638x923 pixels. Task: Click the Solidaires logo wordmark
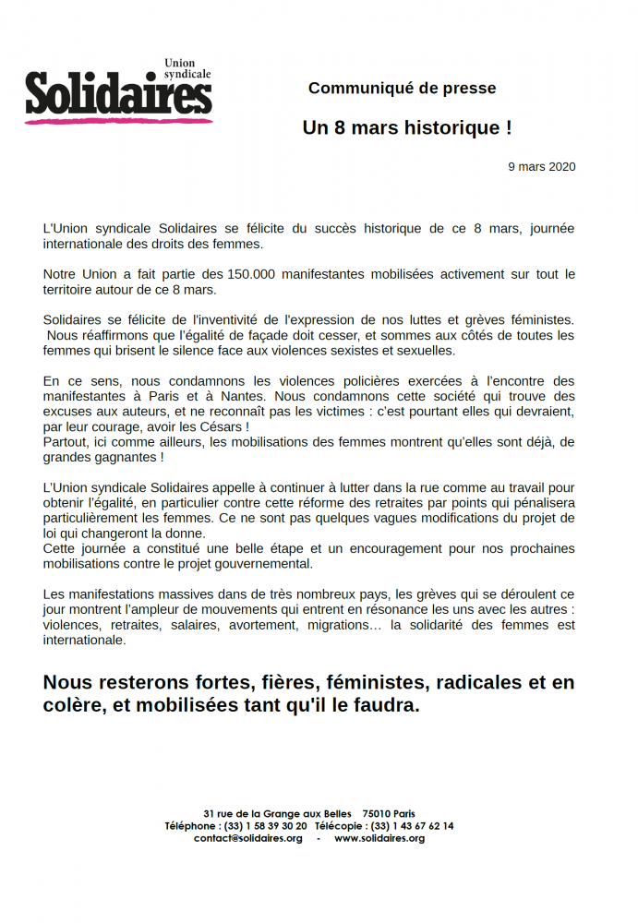pos(118,94)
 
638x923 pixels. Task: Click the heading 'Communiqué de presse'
pos(402,89)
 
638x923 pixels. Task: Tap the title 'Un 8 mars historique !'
pos(407,128)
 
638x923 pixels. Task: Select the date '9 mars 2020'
pos(542,167)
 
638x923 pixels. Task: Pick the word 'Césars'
pos(221,427)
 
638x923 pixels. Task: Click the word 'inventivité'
pos(233,319)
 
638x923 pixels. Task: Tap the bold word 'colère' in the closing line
pos(73,707)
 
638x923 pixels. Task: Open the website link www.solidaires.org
pos(379,838)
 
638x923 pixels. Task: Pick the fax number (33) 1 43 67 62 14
pos(412,826)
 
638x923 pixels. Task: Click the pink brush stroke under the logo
pos(118,119)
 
